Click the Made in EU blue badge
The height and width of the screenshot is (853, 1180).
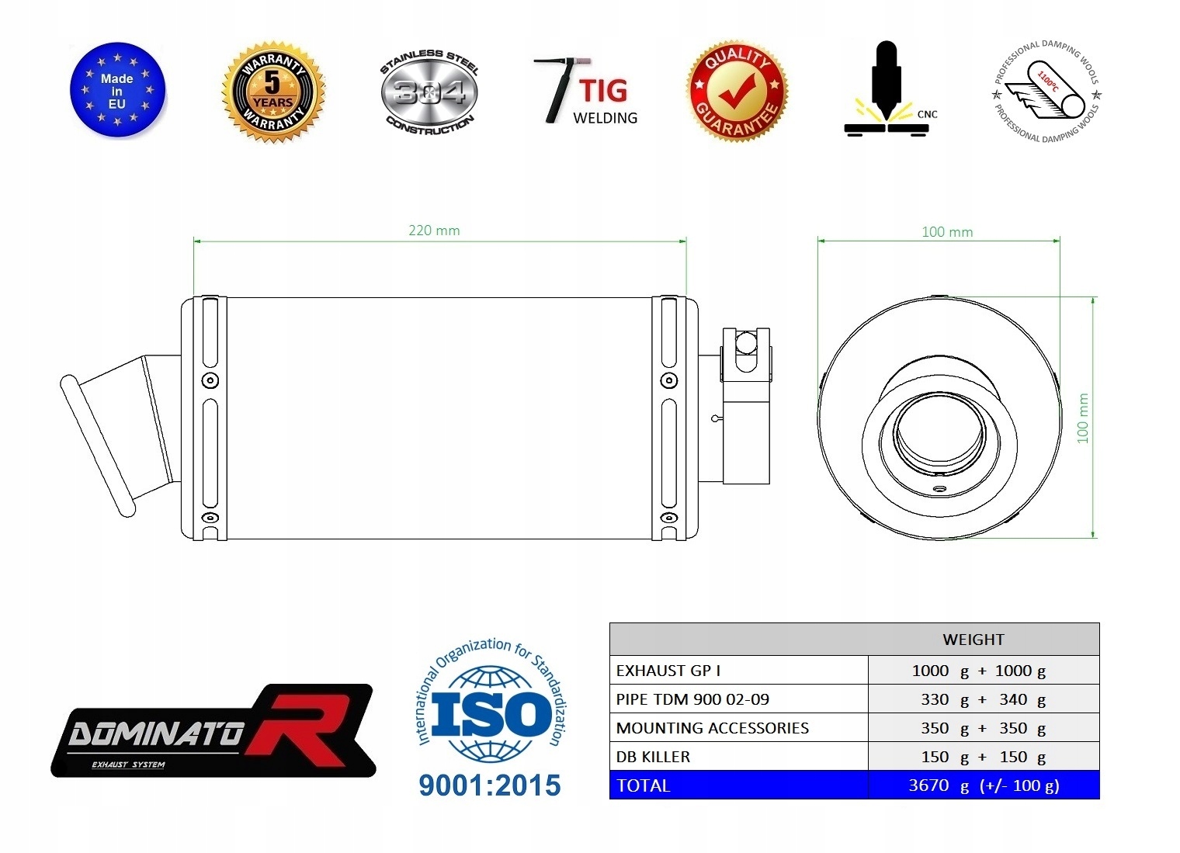click(117, 91)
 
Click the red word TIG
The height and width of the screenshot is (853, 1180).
click(604, 91)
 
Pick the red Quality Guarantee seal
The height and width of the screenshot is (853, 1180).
click(737, 91)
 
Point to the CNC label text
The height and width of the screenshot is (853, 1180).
click(927, 114)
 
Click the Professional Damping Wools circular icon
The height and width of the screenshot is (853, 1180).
click(1046, 91)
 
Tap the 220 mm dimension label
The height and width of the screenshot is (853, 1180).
click(434, 231)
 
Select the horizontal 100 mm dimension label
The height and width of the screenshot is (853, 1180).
click(947, 232)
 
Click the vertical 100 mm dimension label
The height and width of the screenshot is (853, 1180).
click(1082, 418)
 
